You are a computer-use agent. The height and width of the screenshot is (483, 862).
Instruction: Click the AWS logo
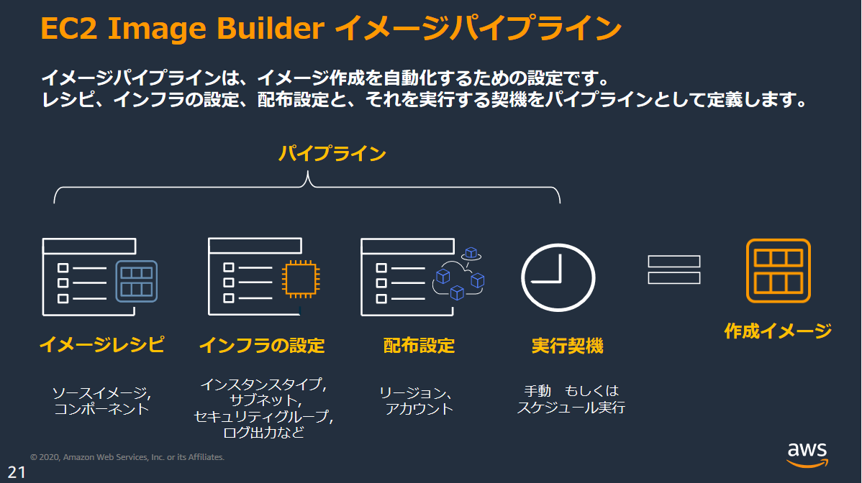[x=807, y=453]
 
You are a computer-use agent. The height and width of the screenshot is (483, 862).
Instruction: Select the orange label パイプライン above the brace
[x=332, y=154]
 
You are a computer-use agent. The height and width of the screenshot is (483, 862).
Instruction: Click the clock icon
[x=558, y=277]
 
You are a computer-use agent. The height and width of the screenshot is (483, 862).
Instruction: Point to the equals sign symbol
[x=673, y=270]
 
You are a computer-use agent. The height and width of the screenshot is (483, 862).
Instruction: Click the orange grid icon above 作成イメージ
[x=778, y=270]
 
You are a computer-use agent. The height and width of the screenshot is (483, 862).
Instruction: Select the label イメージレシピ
[x=101, y=346]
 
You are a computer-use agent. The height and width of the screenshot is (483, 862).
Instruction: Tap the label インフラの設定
[x=262, y=346]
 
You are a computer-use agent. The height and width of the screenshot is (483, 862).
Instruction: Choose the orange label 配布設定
[x=419, y=346]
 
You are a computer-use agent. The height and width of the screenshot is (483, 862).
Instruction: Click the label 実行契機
[x=567, y=346]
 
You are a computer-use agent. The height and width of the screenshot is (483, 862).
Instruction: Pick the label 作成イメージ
[x=778, y=331]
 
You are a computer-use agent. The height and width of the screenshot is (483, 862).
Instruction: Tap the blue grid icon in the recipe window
[x=136, y=280]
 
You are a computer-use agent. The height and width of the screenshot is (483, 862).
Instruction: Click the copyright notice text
[x=127, y=457]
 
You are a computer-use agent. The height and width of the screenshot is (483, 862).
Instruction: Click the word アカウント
[x=419, y=409]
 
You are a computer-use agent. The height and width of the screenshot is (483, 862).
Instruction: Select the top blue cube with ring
[x=471, y=252]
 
